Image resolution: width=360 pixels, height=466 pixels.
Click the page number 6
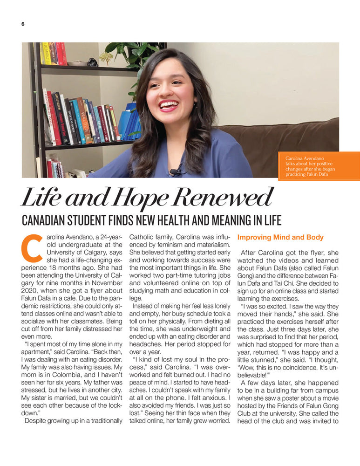point(22,24)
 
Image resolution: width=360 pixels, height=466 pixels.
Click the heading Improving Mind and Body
point(280,237)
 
